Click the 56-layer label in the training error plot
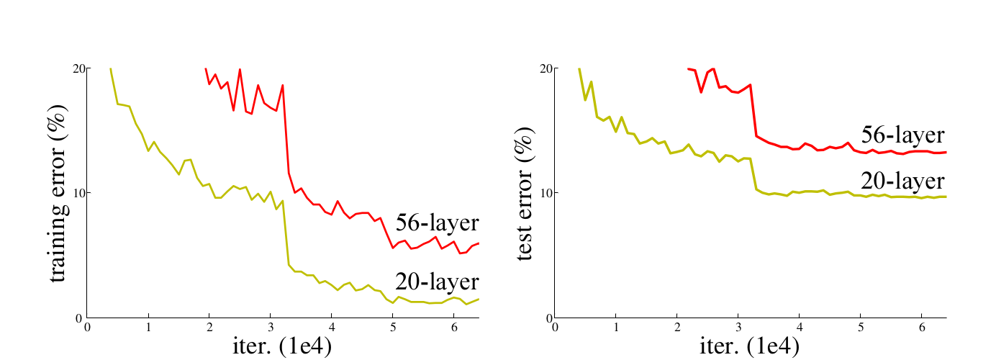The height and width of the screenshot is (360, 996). (437, 222)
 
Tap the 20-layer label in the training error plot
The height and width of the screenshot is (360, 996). (437, 281)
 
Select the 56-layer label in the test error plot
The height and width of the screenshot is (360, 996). (903, 134)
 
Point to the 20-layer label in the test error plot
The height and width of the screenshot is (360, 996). (903, 181)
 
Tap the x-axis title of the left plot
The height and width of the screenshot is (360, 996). (281, 346)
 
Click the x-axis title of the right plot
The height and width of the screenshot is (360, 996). (749, 346)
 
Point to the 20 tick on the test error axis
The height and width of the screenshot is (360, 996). (545, 68)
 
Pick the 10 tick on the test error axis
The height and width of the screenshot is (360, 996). (545, 193)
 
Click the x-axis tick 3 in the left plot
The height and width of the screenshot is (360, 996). (270, 327)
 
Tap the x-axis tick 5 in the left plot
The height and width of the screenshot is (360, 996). (392, 327)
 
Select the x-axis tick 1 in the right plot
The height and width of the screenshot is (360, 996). (616, 327)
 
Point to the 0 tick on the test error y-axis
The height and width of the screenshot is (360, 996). (548, 318)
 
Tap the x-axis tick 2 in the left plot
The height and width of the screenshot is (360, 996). (209, 327)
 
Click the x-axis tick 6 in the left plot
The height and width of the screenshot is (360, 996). (453, 327)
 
